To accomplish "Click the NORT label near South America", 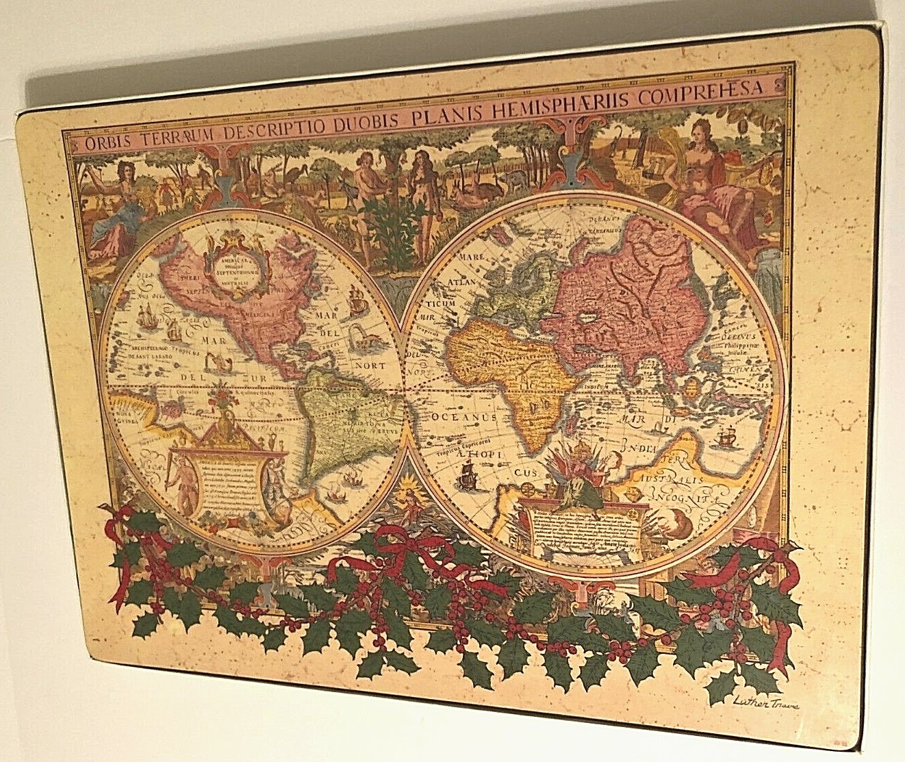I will pyautogui.click(x=371, y=365).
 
